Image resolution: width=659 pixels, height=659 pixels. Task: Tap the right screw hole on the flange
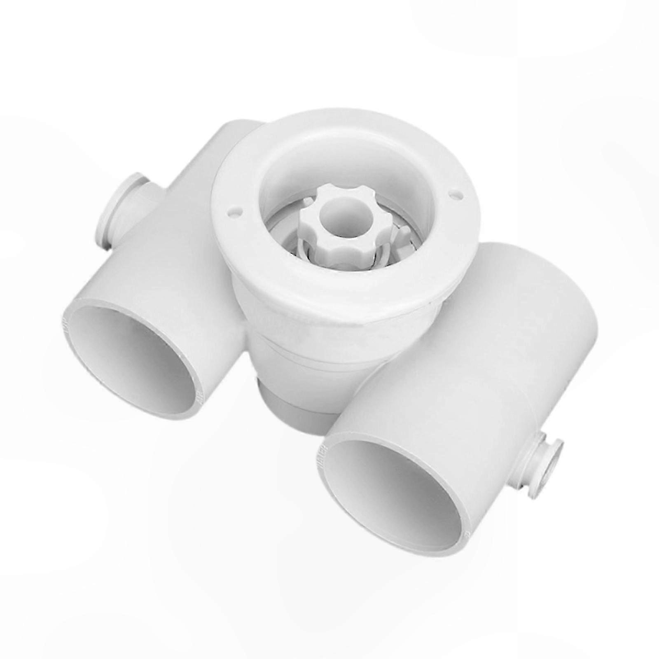tap(454, 192)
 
